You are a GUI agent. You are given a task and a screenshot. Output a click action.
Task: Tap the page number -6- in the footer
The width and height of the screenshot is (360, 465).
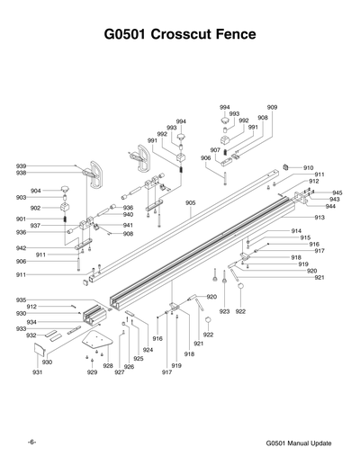coord(31,443)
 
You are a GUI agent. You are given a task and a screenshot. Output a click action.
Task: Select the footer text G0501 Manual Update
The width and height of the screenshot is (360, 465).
coord(299,444)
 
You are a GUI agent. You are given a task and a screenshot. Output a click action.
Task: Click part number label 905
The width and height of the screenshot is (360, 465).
coord(191,203)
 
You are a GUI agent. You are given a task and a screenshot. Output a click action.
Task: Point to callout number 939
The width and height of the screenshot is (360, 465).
coord(21,165)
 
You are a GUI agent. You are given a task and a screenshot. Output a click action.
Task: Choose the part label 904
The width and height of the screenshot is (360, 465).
coord(35,191)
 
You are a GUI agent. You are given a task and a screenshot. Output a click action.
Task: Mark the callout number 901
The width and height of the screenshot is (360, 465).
coord(21,219)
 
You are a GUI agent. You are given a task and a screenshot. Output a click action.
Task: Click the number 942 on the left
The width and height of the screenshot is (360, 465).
coord(21,248)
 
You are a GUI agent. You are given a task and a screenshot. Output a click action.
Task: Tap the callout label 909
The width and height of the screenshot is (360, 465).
coord(272,107)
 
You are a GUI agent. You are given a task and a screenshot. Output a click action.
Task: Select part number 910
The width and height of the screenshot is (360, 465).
coord(308,168)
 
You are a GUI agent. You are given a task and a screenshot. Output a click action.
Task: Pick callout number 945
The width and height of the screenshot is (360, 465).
coord(337,192)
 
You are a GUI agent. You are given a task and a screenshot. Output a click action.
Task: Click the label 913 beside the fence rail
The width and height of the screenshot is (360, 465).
coord(319,218)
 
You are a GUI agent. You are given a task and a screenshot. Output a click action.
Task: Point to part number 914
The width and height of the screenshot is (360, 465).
coord(296,231)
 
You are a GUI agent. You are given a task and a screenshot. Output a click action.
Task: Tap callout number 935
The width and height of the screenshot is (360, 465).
coord(21,300)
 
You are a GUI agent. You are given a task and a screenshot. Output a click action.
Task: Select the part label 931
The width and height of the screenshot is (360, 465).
coord(37,371)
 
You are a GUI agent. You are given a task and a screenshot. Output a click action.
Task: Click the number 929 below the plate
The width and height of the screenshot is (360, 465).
coord(92,371)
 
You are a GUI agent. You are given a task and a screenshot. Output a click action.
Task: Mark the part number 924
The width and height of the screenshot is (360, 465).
coord(148,349)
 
